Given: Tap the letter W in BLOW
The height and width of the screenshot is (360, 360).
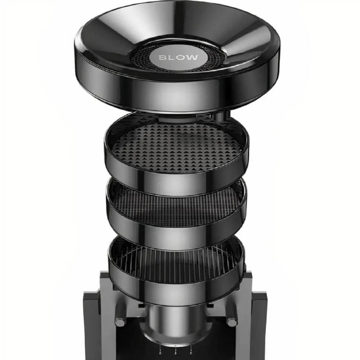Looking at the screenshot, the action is pyautogui.click(x=192, y=58).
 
